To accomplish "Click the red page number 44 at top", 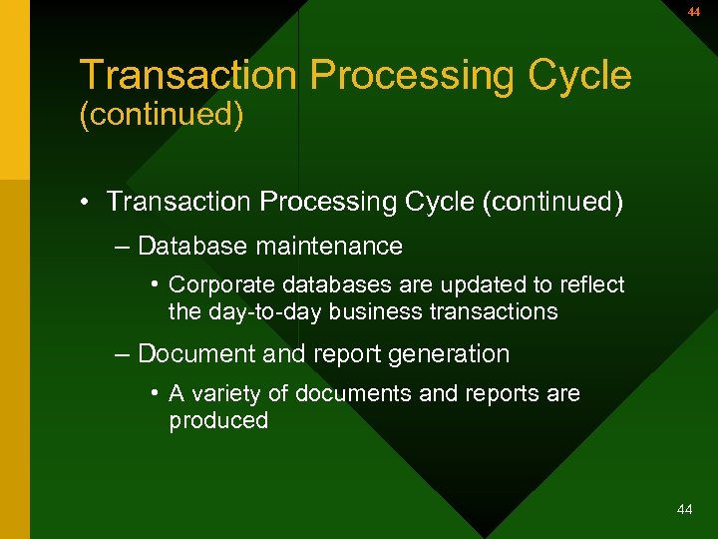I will [694, 12].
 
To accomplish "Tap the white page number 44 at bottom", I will [684, 510].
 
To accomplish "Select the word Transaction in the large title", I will [187, 75].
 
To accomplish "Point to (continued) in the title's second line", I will [162, 114].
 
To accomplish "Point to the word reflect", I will [588, 284].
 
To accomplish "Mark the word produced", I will [218, 420].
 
